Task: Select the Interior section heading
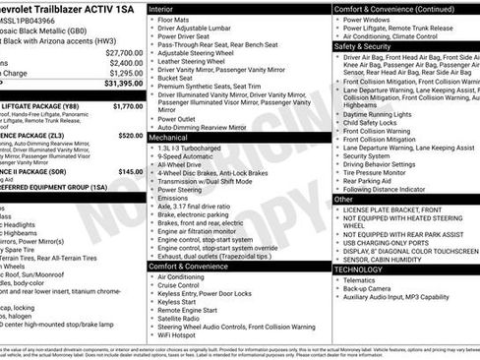coord(161,8)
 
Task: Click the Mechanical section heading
coord(169,138)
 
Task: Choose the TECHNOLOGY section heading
coord(358,269)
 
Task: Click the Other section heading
coord(343,199)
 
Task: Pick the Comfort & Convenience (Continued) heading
coord(394,8)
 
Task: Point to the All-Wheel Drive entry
coord(181,166)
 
